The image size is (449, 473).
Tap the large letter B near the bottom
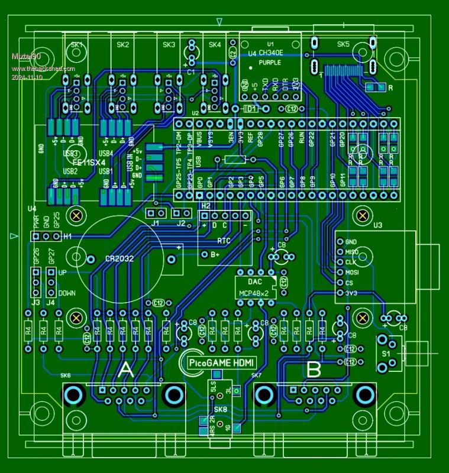click(x=314, y=370)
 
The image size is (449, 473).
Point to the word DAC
click(x=254, y=281)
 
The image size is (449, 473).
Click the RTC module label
click(x=224, y=241)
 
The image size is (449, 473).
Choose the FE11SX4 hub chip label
click(x=89, y=161)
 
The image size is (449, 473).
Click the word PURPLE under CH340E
click(x=270, y=61)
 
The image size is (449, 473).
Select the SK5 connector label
click(x=343, y=44)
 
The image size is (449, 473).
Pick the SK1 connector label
click(x=77, y=44)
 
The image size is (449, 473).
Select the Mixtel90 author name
click(x=27, y=56)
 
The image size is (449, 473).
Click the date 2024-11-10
click(x=27, y=77)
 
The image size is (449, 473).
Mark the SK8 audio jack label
click(x=220, y=410)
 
